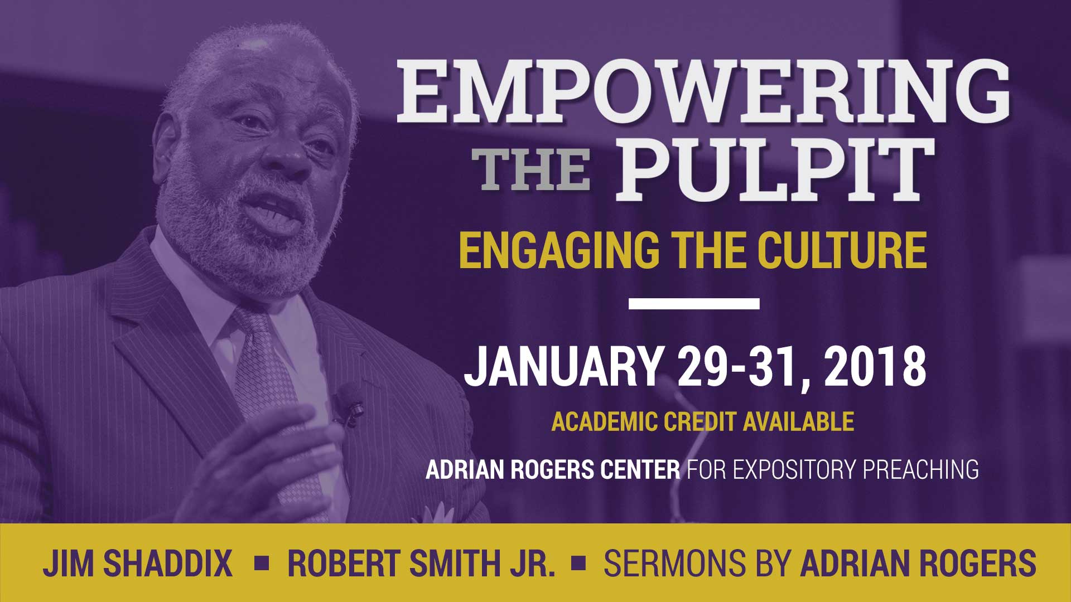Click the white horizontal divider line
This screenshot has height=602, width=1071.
click(x=694, y=304)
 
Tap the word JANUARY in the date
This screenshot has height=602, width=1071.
click(x=562, y=367)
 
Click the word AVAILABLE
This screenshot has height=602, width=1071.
click(x=798, y=422)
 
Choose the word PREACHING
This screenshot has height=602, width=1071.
click(x=921, y=469)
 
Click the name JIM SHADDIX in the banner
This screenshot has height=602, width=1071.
click(x=137, y=564)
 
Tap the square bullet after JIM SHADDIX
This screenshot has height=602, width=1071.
click(x=260, y=562)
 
